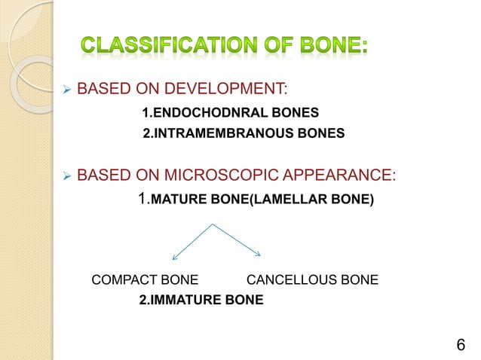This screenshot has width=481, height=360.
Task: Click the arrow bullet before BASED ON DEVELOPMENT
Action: pos(65,91)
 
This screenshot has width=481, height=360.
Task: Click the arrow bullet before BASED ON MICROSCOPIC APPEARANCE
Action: pos(65,177)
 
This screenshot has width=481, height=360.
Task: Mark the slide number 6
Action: pos(461,346)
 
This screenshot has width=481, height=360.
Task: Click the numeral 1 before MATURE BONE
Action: pos(143,200)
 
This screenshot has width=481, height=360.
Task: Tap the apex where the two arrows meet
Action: pos(214,224)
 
